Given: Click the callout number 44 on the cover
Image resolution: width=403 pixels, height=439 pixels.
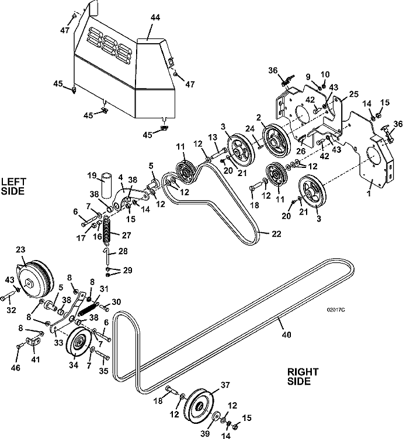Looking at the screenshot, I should (x=155, y=19).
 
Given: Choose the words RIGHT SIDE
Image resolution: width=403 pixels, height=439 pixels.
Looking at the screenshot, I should (x=303, y=377).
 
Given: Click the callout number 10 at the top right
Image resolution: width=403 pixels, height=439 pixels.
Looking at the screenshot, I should (x=325, y=74).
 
